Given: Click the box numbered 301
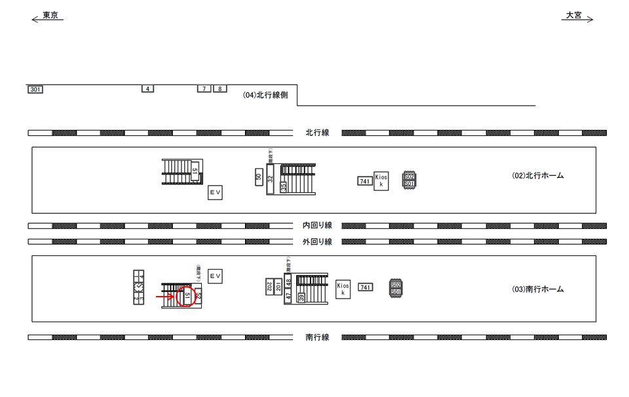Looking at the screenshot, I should click(x=35, y=89).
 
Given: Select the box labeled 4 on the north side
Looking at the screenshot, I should click(x=147, y=89).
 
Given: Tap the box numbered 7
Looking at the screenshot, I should click(x=204, y=89).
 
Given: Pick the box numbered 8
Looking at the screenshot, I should click(x=220, y=89).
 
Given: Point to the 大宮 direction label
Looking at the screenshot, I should click(x=574, y=15).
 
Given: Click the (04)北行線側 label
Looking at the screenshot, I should click(x=265, y=95).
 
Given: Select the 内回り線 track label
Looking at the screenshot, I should click(x=317, y=225).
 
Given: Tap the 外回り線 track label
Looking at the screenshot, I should click(x=317, y=241).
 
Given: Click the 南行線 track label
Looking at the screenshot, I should click(x=317, y=337).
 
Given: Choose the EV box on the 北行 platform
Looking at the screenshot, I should click(x=215, y=193).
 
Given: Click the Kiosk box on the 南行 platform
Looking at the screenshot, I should click(x=343, y=289).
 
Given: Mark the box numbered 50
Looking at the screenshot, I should click(x=259, y=177).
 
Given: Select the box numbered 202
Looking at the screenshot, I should click(x=269, y=286).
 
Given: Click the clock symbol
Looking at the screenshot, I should click(x=138, y=287).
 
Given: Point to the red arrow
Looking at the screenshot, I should click(x=164, y=297).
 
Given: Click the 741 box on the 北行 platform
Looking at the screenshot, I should click(x=365, y=181).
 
